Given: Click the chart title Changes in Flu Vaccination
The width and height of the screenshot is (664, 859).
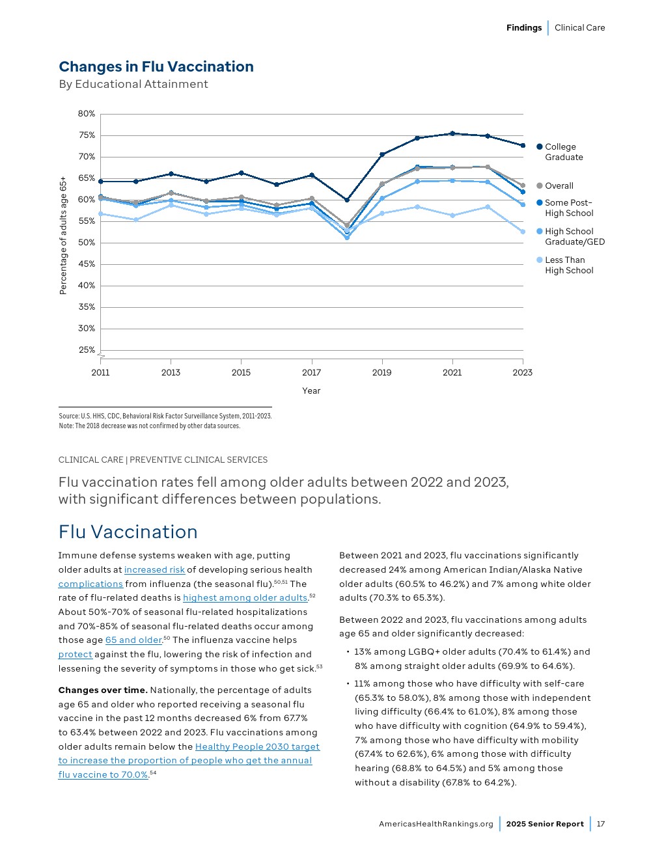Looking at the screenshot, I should click(x=156, y=66).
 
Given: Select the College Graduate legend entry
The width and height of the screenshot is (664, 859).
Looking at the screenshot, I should click(x=563, y=152).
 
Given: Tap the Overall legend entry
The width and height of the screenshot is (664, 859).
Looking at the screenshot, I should click(x=559, y=185).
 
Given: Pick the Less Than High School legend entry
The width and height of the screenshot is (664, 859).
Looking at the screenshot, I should click(x=568, y=265).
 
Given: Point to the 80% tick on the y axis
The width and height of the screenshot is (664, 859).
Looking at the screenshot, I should click(x=87, y=113).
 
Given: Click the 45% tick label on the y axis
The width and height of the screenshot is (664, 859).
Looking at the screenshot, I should click(x=87, y=264).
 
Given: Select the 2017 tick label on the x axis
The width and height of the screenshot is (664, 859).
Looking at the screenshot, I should click(x=311, y=372).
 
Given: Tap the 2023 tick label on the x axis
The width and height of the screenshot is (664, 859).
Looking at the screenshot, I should click(x=522, y=372).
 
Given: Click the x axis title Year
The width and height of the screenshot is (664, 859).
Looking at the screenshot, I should click(x=311, y=390).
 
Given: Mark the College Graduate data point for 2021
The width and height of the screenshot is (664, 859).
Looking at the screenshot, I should click(x=452, y=133).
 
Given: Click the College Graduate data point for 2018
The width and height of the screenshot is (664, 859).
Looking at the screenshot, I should click(x=347, y=200).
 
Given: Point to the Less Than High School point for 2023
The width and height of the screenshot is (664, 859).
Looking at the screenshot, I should click(x=523, y=232).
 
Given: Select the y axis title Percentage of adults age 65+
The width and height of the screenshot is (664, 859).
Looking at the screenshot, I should click(x=63, y=235).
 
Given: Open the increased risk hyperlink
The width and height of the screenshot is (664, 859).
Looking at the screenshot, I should click(x=154, y=569).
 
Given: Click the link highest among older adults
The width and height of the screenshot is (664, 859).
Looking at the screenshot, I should click(x=245, y=597).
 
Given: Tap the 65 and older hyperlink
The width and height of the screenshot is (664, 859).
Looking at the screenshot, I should click(x=133, y=640).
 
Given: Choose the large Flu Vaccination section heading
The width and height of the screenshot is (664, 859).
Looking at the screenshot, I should click(x=128, y=532).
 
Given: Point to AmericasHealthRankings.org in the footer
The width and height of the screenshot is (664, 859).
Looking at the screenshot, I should click(x=436, y=824).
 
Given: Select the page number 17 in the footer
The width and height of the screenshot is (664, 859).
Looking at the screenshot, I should click(x=601, y=824).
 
